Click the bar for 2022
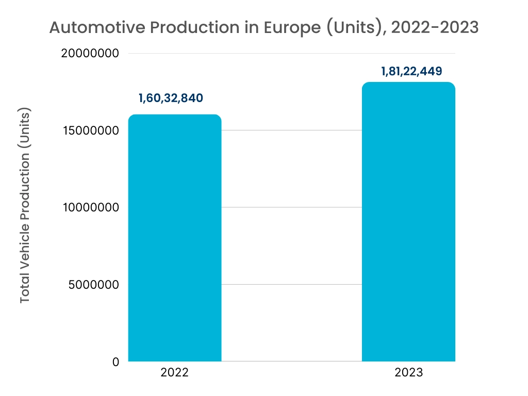tap(175, 238)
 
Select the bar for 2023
tap(408, 222)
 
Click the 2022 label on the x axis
tap(174, 372)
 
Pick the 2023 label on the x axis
tap(408, 372)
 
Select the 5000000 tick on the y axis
tap(93, 285)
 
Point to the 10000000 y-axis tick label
tap(90, 207)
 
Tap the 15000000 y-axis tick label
tap(90, 130)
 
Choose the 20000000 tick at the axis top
tap(90, 53)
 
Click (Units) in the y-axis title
tap(25, 129)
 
